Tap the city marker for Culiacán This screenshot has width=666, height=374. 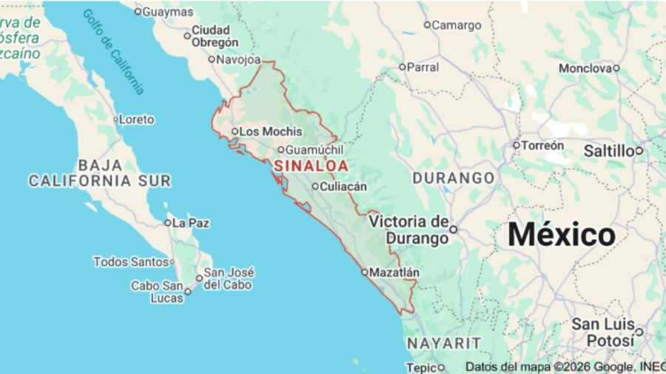pos(314,187)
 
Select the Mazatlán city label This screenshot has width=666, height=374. pos(394,273)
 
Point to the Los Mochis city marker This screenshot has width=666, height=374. pos(235,132)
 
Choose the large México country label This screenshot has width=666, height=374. pos(562,235)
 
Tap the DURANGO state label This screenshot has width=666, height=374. pos(453,178)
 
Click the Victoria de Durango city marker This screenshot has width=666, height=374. pos(454,230)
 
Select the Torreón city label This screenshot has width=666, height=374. pos(542,146)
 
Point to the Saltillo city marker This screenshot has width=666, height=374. pos(639,151)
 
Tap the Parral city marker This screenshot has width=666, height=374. pos(403,67)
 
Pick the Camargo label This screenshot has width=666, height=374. pos(456,25)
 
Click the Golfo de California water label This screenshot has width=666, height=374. pos(113,51)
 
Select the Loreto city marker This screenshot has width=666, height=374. pos(116,119)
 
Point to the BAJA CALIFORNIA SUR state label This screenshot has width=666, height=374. pos(100,173)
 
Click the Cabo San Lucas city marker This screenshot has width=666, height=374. pos(188,291)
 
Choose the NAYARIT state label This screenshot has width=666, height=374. pos(443,344)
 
